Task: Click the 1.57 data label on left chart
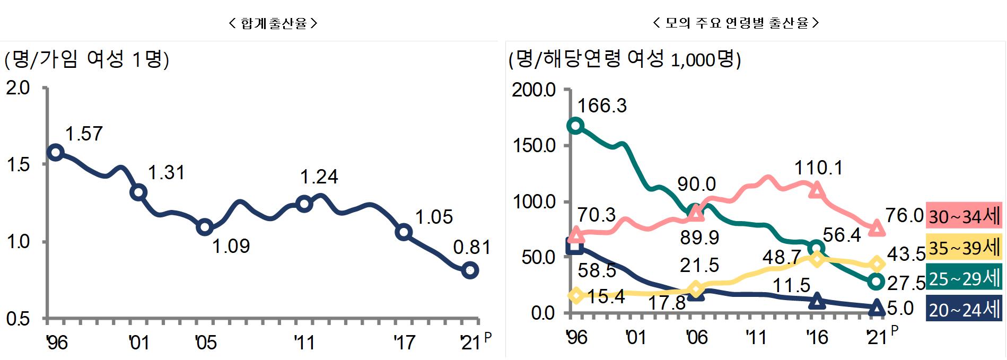[84, 134]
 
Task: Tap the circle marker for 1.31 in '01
[138, 192]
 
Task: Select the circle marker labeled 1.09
[205, 227]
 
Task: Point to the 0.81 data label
[471, 247]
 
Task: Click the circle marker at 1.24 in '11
[304, 204]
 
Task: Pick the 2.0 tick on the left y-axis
[18, 88]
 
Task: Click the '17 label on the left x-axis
[404, 343]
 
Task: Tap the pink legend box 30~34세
[964, 216]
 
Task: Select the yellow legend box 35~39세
[964, 247]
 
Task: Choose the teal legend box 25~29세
[964, 278]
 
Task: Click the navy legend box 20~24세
[964, 309]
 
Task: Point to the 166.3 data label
[602, 106]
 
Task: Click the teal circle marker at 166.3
[575, 126]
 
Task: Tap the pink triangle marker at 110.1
[817, 190]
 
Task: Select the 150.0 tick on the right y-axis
[534, 145]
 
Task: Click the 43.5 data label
[906, 254]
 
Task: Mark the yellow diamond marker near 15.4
[576, 295]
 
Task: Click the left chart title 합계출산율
[274, 23]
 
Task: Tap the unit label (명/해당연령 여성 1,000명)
[625, 59]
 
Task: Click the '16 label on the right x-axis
[817, 337]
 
